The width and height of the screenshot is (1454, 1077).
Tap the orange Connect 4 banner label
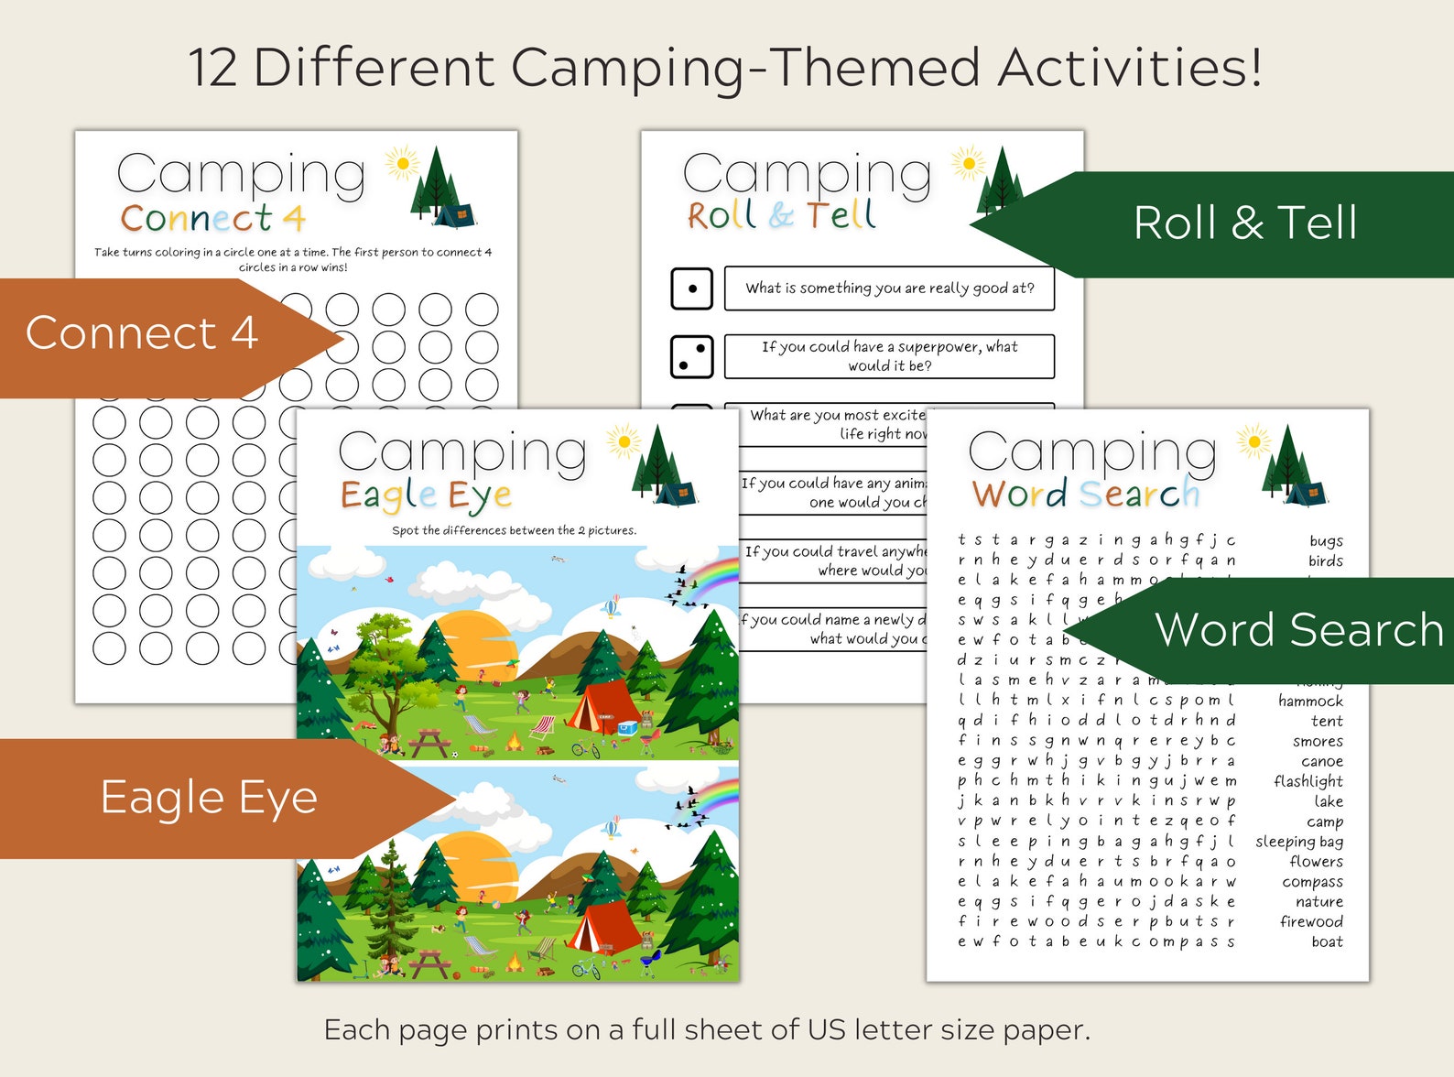coord(142,333)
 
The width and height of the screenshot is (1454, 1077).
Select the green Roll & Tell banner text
coord(1244,223)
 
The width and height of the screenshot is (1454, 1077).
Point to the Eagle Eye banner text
coord(209,798)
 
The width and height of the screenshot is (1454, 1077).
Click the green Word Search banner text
coord(1298,630)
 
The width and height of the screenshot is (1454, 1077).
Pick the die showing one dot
coord(692,288)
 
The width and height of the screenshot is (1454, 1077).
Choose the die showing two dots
coord(692,356)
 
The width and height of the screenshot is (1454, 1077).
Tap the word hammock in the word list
coord(1310,702)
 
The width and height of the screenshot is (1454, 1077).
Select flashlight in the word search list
coord(1308,781)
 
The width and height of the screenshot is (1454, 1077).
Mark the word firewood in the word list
coord(1311,921)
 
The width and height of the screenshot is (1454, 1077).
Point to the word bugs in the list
coord(1325,541)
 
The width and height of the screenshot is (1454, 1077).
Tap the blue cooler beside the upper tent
coord(627,729)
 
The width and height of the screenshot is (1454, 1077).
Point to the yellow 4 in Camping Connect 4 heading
coord(293,219)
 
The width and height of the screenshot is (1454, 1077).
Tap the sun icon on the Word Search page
coord(1253,442)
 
